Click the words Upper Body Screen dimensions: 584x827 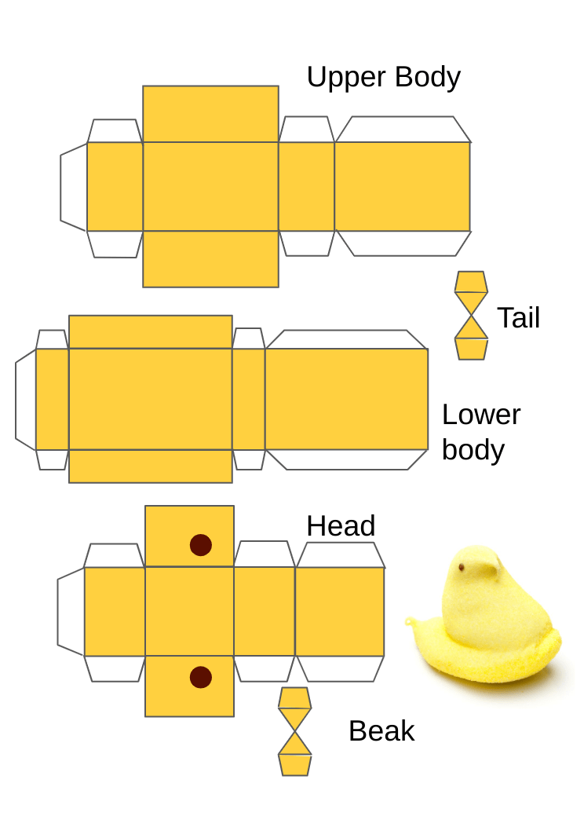pos(383,78)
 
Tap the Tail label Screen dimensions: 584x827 pos(518,318)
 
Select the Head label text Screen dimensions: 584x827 pos(341,525)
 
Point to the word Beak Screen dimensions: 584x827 pos(381,731)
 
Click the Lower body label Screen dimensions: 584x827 pos(480,432)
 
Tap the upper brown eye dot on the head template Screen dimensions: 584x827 pos(201,545)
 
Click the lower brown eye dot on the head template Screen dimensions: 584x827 pos(201,677)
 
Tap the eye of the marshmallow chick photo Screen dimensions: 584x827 pos(462,565)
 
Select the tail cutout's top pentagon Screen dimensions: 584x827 pos(471,282)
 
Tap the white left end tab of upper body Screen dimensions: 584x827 pos(74,187)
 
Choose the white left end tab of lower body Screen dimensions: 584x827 pos(26,399)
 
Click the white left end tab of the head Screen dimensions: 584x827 pos(71,611)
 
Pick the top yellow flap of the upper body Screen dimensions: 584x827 pos(210,114)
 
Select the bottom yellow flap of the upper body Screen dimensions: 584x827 pos(210,258)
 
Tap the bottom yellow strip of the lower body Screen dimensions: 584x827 pos(150,466)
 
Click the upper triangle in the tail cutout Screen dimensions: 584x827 pos(471,302)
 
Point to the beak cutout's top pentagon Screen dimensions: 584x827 pos(295,697)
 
